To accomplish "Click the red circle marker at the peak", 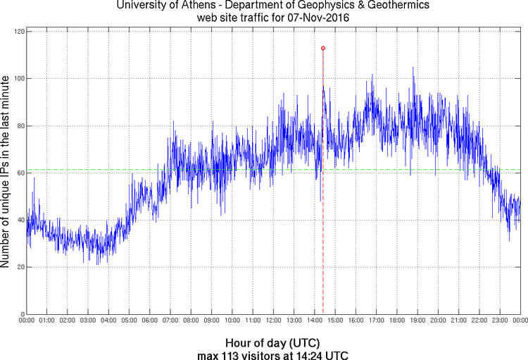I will click(323, 48).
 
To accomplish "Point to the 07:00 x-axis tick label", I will click(170, 321).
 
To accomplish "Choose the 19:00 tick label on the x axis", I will click(417, 321).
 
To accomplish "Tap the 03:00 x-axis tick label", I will click(88, 321).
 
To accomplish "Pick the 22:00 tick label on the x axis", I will click(479, 321).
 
